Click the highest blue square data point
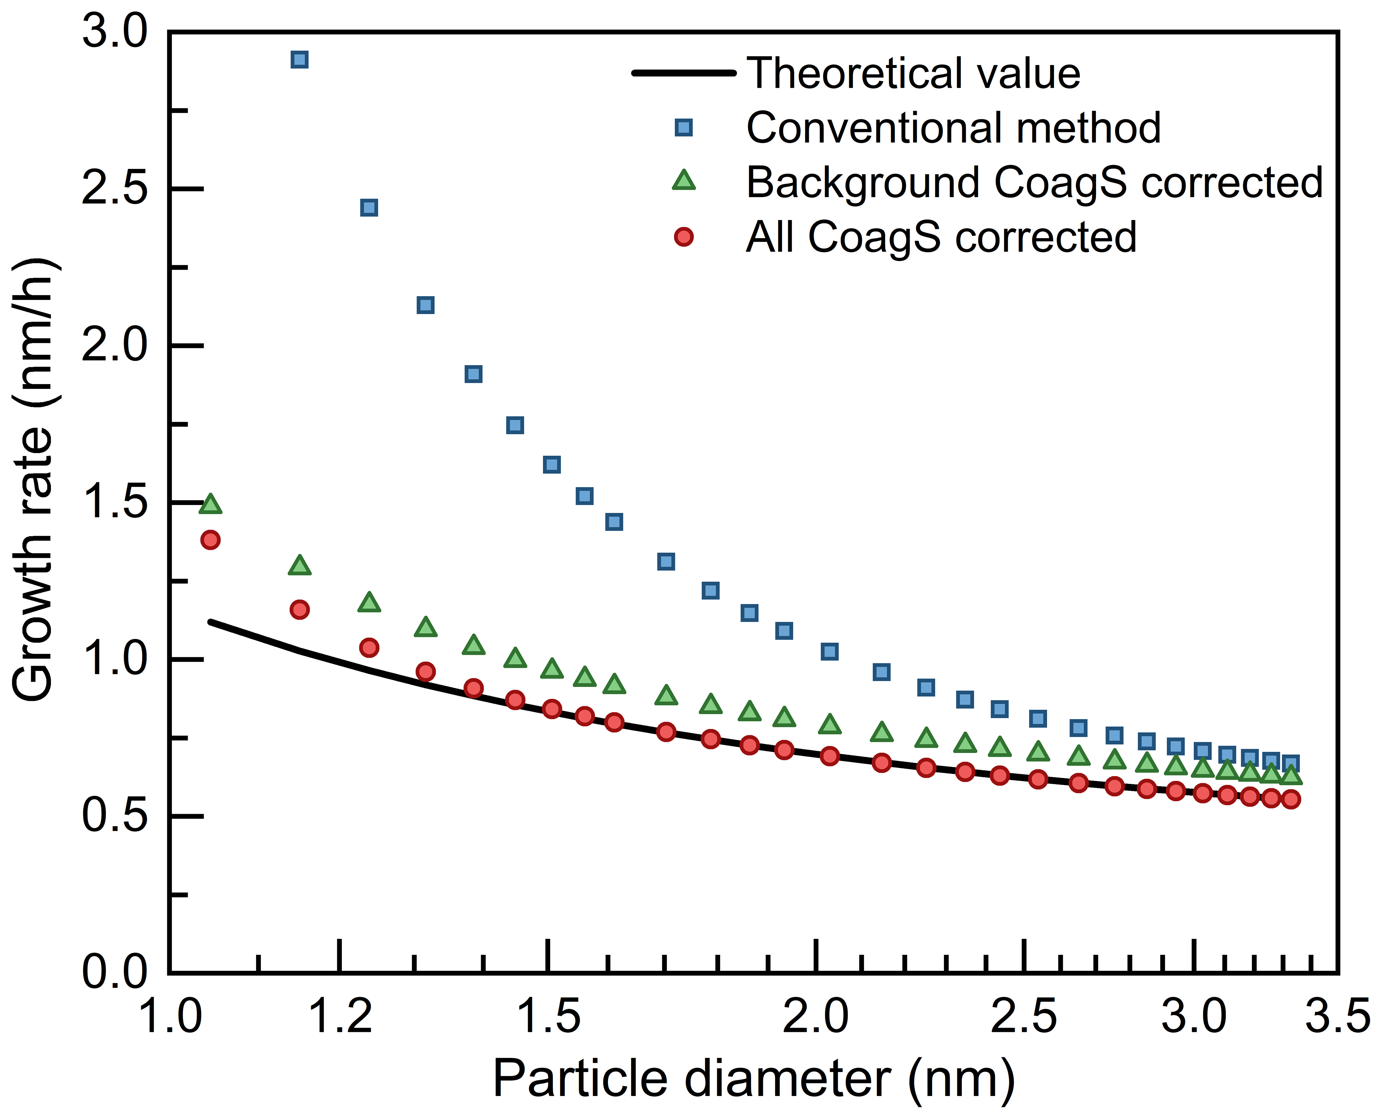pos(299,60)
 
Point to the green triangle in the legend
pos(684,181)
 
